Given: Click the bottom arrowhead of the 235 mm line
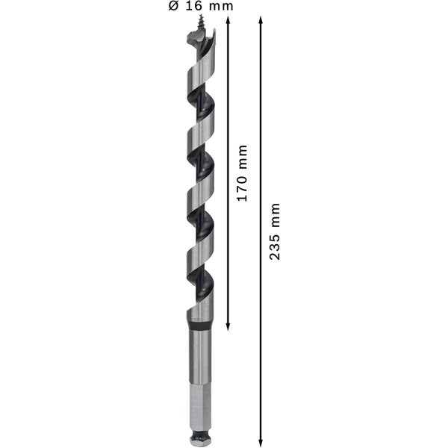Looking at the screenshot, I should click(261, 441).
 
